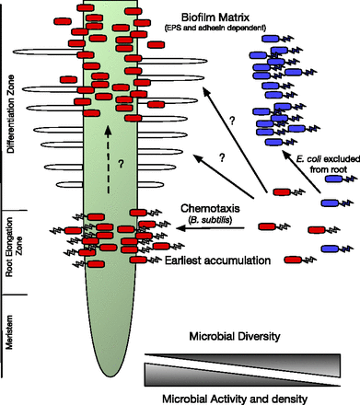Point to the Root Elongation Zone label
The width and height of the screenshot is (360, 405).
pyautogui.click(x=10, y=250)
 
